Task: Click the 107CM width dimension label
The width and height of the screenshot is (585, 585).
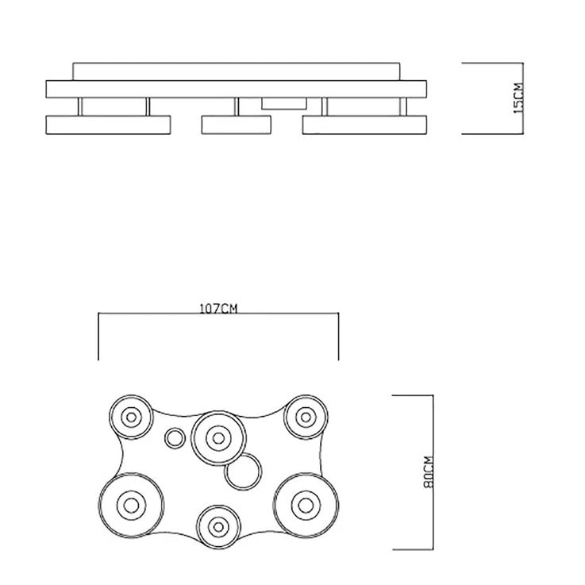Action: (x=218, y=309)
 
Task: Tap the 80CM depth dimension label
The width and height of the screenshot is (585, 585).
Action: (x=429, y=472)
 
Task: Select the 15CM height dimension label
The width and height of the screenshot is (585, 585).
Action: (x=518, y=98)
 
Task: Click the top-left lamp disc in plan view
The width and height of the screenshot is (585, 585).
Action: (x=131, y=417)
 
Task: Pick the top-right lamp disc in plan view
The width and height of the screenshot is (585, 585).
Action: (x=306, y=417)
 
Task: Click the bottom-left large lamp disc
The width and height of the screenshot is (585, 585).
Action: (x=131, y=506)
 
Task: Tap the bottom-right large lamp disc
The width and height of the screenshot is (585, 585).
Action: (x=306, y=506)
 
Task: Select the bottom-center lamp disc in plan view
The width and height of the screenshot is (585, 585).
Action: (x=218, y=527)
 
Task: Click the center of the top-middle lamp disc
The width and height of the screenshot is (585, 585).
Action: (x=218, y=438)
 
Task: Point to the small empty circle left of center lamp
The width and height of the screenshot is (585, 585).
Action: (x=175, y=438)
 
